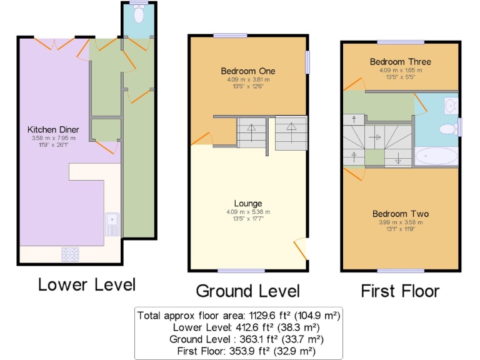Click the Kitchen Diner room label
click(52, 129)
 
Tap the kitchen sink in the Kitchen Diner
click(112, 224)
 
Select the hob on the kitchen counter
click(70, 254)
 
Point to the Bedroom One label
click(248, 71)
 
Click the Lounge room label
click(248, 203)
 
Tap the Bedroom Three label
click(401, 62)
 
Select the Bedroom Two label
click(401, 214)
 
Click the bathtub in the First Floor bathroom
click(436, 156)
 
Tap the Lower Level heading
click(86, 285)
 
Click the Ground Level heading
click(248, 291)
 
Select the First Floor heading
click(400, 291)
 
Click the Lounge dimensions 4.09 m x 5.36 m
click(248, 212)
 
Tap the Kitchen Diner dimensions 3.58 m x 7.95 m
click(52, 138)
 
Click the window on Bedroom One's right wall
click(307, 62)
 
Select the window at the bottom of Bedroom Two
click(401, 271)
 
